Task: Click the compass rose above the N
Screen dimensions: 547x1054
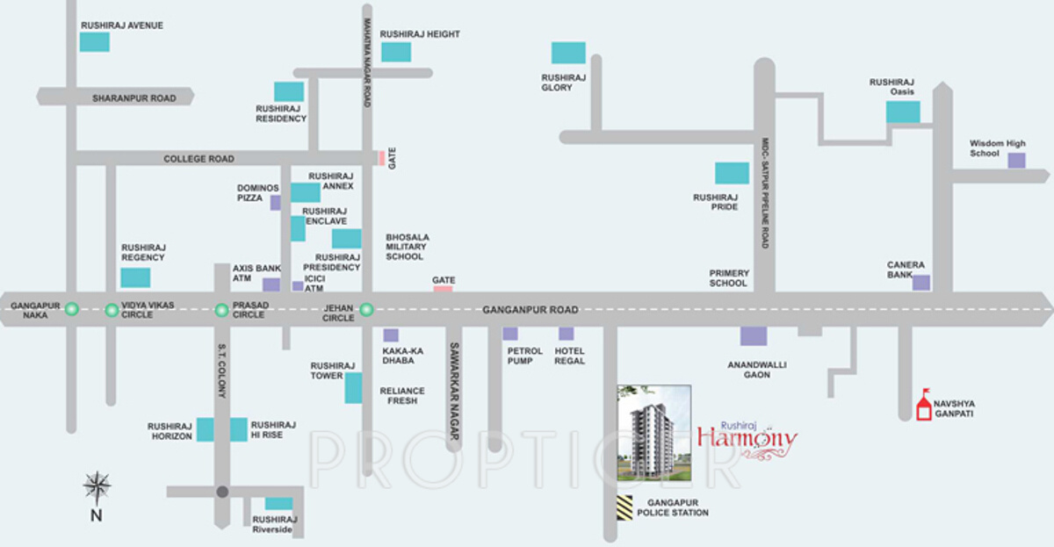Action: click(97, 486)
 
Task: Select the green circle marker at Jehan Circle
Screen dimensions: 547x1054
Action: click(366, 308)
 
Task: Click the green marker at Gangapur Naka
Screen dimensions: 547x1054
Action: click(72, 308)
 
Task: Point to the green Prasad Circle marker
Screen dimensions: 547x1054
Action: click(221, 308)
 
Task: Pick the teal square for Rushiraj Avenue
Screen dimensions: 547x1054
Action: click(95, 41)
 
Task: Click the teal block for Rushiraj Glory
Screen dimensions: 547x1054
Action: click(568, 53)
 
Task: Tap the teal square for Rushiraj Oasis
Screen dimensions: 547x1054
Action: click(902, 112)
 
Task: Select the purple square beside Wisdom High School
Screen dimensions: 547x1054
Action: click(1016, 160)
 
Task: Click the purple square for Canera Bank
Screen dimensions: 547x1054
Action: click(920, 282)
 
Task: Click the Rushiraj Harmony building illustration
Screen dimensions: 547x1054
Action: click(653, 433)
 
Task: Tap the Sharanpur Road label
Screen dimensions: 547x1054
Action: click(134, 98)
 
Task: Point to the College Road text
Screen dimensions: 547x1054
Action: click(199, 159)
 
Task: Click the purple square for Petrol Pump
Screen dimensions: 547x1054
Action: click(510, 334)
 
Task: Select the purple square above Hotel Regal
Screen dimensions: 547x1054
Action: click(567, 334)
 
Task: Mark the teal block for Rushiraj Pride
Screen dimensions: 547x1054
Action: click(732, 173)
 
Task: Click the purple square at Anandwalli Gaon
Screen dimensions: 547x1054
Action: click(753, 335)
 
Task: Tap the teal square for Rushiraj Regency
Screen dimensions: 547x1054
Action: click(135, 277)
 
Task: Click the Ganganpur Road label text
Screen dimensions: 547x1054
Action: click(531, 310)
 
